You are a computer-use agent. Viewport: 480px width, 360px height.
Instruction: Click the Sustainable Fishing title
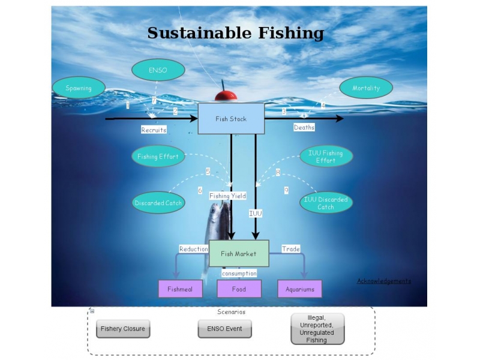(x=235, y=33)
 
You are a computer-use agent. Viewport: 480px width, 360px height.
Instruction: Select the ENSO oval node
(x=158, y=70)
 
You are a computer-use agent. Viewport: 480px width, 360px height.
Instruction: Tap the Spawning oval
(x=79, y=88)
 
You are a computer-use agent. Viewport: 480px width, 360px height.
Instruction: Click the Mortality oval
(x=366, y=88)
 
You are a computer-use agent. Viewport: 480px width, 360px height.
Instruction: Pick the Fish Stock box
(x=231, y=118)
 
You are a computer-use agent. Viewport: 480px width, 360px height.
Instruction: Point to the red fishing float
(x=226, y=95)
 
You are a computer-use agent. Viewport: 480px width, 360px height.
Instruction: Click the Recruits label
(x=154, y=130)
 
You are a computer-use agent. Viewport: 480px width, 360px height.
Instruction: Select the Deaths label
(x=304, y=127)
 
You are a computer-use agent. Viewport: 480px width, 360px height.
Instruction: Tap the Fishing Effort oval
(x=158, y=157)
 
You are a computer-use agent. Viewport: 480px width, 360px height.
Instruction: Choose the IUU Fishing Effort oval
(x=326, y=157)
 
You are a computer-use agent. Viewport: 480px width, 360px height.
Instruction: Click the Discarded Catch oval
(x=158, y=203)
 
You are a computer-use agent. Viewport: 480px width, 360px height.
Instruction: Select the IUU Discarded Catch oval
(x=326, y=203)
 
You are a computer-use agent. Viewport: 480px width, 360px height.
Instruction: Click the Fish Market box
(x=238, y=253)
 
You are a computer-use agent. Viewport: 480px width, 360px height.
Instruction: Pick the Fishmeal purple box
(x=180, y=289)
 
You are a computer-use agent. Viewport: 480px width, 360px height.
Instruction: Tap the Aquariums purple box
(x=299, y=289)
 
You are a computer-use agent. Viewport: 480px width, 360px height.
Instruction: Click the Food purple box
(x=239, y=289)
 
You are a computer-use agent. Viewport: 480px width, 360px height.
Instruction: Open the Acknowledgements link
(x=384, y=281)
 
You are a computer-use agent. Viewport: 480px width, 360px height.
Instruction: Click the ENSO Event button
(x=224, y=329)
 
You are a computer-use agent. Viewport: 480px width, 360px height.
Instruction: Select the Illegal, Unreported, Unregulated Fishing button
(x=317, y=329)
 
